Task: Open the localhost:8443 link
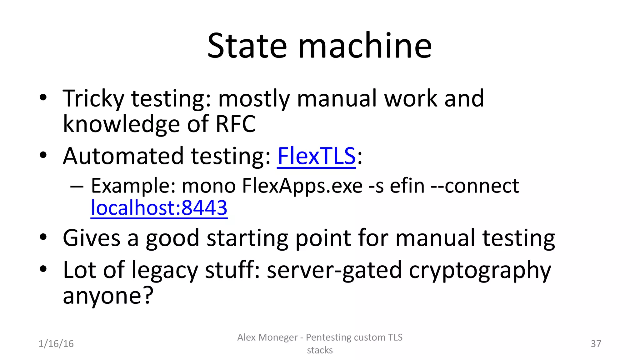[x=159, y=207]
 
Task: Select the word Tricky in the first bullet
[x=93, y=99]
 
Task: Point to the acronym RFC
[x=236, y=124]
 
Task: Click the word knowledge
[x=121, y=124]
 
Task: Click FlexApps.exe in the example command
[x=302, y=186]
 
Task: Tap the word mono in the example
[x=208, y=186]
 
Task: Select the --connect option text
[x=475, y=186]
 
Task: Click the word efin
[x=407, y=186]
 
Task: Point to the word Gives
[x=91, y=238]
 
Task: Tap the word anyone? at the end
[x=108, y=296]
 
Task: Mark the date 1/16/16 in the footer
[x=56, y=344]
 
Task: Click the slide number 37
[x=596, y=344]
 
